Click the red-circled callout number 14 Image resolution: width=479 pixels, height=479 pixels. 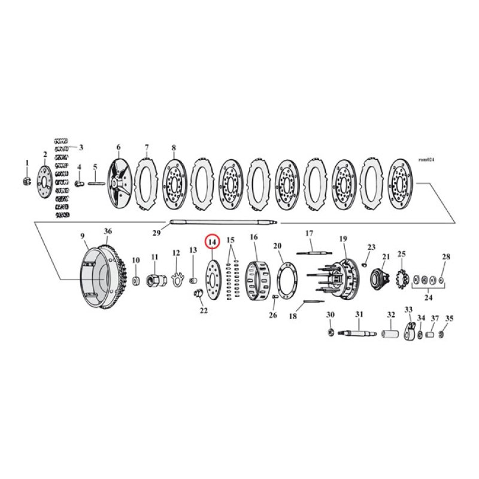[213, 242]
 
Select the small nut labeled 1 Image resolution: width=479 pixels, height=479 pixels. [26, 181]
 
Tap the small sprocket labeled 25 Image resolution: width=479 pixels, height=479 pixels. [402, 280]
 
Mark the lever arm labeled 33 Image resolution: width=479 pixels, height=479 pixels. [410, 332]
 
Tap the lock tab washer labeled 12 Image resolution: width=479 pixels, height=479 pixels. [177, 279]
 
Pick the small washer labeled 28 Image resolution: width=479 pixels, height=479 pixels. [442, 280]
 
